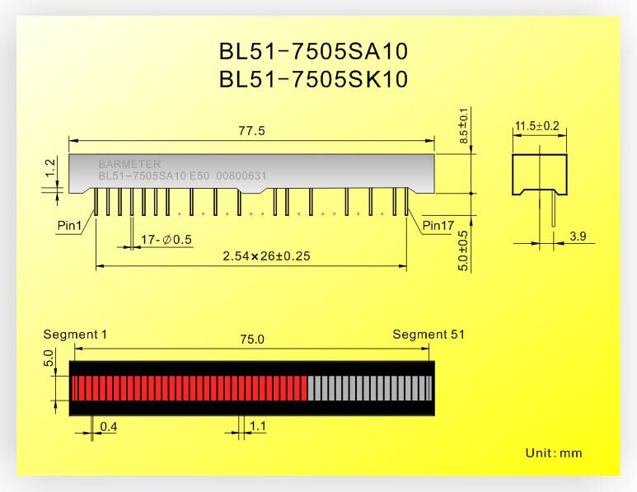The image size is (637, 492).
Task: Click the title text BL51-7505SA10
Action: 313,52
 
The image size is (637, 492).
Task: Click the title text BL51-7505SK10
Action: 313,80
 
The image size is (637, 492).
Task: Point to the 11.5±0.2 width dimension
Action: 536,126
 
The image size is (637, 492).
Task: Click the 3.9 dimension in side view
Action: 578,237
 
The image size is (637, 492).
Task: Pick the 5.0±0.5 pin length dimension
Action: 463,250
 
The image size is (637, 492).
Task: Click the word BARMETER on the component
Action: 129,164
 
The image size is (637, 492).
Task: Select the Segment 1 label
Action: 75,335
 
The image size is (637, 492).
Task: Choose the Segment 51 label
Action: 428,335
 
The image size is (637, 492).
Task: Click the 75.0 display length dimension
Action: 251,340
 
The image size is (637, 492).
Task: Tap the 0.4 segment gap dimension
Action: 108,427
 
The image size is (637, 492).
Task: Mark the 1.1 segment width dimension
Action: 257,427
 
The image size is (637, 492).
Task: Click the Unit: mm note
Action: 553,453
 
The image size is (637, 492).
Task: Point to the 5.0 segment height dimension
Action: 49,359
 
